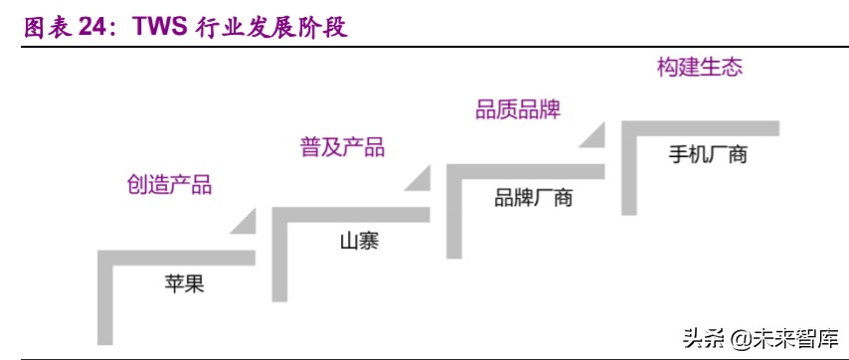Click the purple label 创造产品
(169, 185)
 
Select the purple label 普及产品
(342, 147)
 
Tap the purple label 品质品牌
(517, 109)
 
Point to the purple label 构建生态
(700, 69)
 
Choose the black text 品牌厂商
(534, 198)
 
